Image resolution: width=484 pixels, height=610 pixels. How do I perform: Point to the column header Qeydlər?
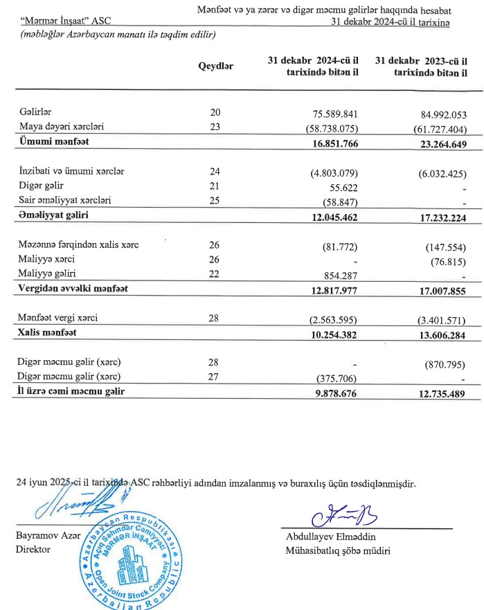click(x=215, y=66)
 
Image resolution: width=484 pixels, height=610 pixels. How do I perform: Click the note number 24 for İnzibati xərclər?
click(x=215, y=171)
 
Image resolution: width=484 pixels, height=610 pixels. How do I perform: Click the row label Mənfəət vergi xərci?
click(x=58, y=318)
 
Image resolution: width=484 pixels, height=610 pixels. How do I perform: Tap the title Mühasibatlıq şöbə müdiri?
click(x=338, y=551)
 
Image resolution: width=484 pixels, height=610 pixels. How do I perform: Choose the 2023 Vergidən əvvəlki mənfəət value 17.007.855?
click(x=434, y=289)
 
